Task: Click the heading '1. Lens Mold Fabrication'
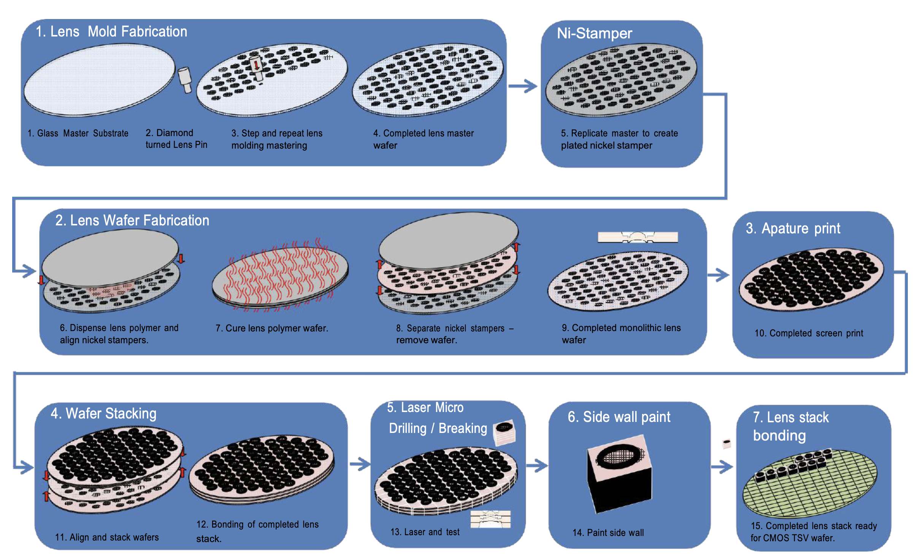point(111,32)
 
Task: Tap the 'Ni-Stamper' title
point(594,33)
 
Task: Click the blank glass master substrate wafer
point(99,79)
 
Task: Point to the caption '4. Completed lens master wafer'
point(423,139)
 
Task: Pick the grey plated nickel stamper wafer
point(620,80)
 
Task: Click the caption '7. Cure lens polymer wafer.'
point(271,328)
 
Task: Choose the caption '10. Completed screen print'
point(809,333)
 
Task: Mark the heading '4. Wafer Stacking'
point(103,414)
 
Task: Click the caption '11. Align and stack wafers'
point(107,537)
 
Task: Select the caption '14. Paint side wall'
point(608,533)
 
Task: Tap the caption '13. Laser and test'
point(425,532)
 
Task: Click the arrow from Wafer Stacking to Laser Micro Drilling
point(360,464)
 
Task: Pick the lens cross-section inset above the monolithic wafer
point(638,237)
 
